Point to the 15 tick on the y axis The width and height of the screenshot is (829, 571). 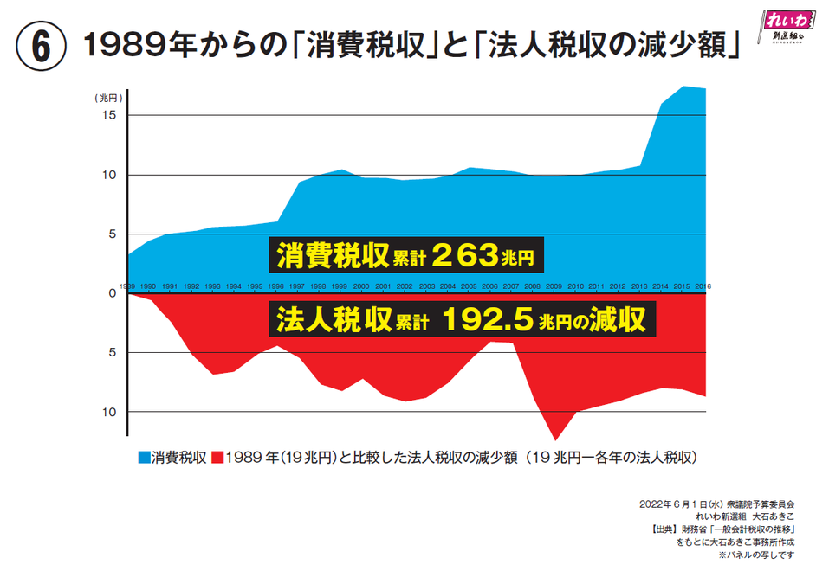(x=111, y=115)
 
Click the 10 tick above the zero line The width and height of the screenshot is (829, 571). (x=111, y=175)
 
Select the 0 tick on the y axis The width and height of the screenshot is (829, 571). (x=113, y=293)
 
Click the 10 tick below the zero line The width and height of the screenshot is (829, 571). (x=111, y=412)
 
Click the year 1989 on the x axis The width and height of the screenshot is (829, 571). (x=127, y=285)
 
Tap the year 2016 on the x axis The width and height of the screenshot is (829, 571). (x=703, y=285)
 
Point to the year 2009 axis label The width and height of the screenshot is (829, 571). (x=554, y=285)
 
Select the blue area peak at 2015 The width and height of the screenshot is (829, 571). (x=684, y=87)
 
